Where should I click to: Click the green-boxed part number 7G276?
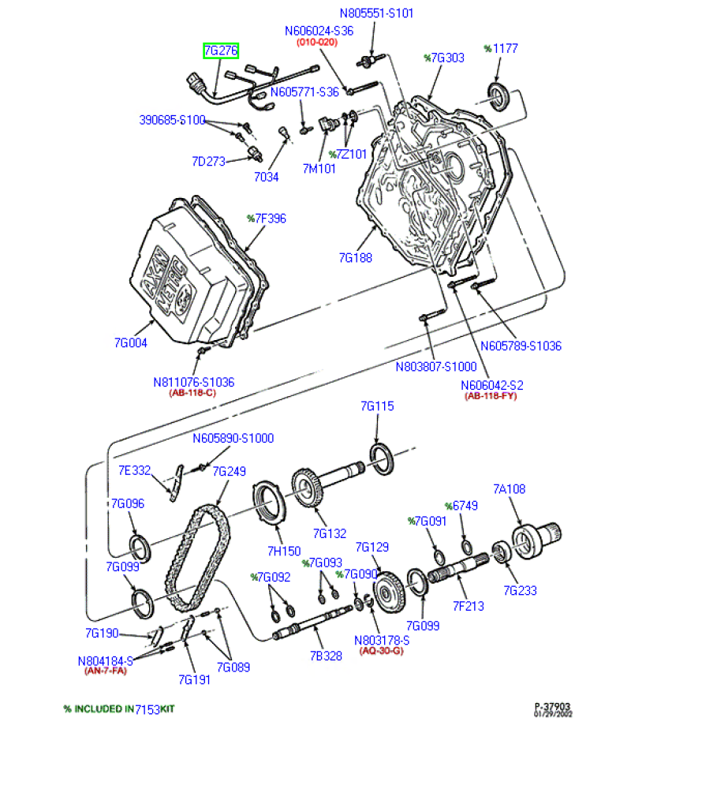221,50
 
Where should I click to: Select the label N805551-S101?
377,13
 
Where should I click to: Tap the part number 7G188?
356,258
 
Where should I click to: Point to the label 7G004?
131,343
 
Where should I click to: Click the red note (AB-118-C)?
192,392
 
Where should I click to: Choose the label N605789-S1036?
521,346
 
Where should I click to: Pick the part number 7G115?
377,406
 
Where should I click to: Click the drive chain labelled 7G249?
198,559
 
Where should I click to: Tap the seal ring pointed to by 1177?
498,98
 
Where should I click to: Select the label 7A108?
509,489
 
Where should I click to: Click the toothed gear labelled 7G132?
308,488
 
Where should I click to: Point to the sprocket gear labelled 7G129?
389,593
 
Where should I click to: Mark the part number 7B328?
326,656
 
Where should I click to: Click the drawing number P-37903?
552,706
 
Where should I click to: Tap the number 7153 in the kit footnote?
147,709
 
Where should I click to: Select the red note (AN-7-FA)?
106,671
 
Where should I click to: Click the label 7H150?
284,552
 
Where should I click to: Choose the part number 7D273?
209,162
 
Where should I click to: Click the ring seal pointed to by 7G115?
383,459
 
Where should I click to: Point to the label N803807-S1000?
436,367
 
